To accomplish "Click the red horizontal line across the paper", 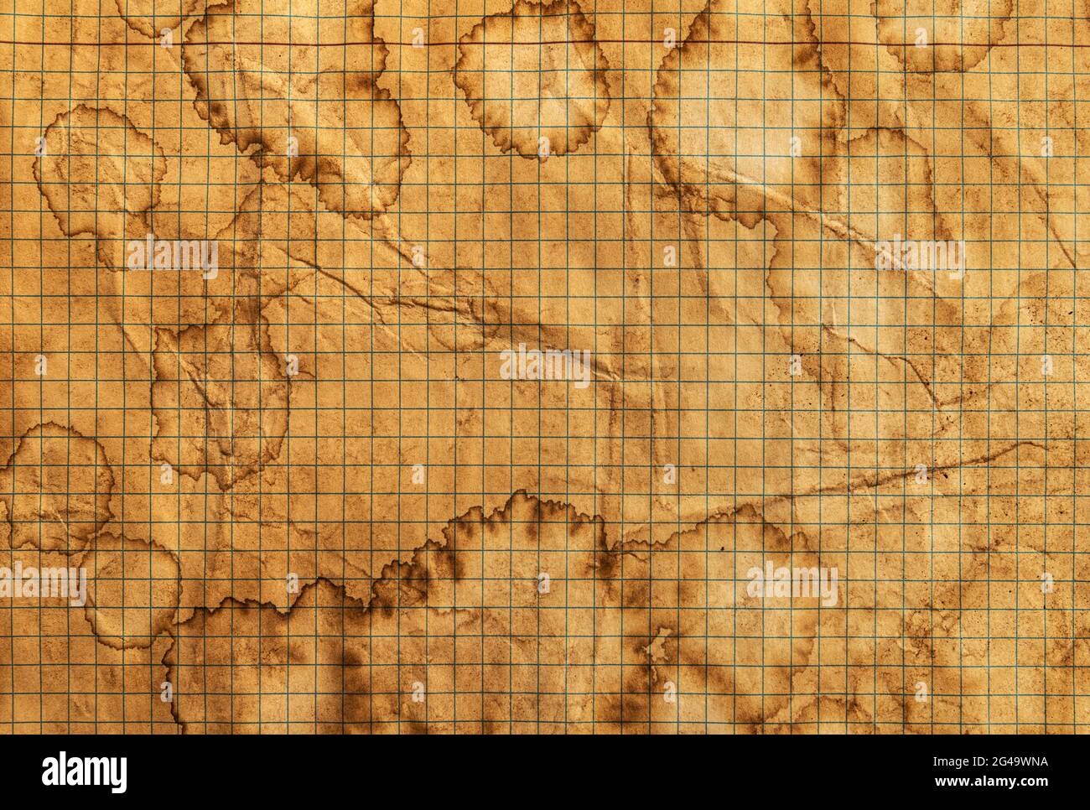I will pyautogui.click(x=545, y=44).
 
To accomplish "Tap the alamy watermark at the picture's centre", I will pyautogui.click(x=545, y=366).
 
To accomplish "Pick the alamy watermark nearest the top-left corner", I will pyautogui.click(x=173, y=257).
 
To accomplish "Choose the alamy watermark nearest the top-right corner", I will pyautogui.click(x=919, y=257).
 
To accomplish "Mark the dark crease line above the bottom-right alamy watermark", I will pyautogui.click(x=838, y=495).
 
